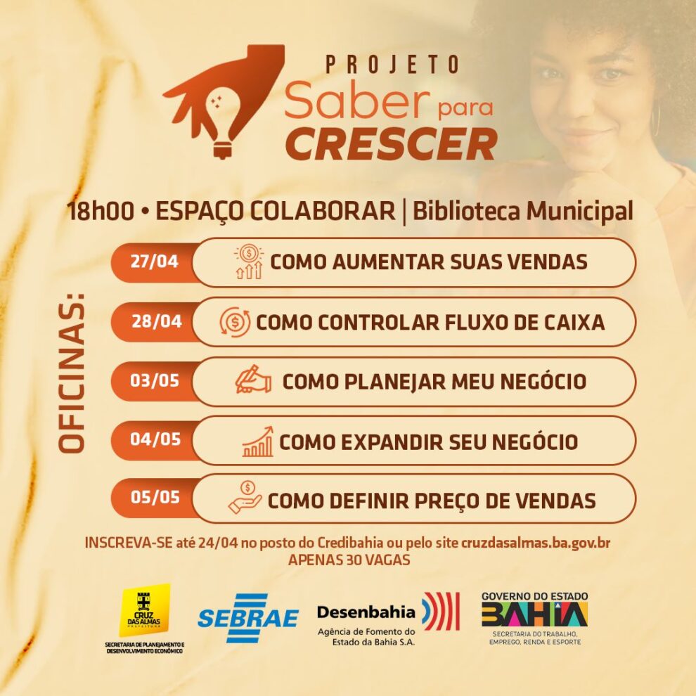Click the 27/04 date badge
pyautogui.click(x=154, y=262)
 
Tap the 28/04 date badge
pyautogui.click(x=156, y=321)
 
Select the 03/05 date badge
pyautogui.click(x=154, y=381)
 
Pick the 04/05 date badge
pyautogui.click(x=155, y=439)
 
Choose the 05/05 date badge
pyautogui.click(x=155, y=497)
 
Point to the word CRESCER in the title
pyautogui.click(x=391, y=144)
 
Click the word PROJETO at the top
pyautogui.click(x=392, y=65)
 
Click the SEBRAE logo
pyautogui.click(x=248, y=618)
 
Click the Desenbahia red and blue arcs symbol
pyautogui.click(x=441, y=611)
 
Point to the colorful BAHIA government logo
pyautogui.click(x=534, y=614)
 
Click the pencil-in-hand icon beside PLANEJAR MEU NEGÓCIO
pyautogui.click(x=253, y=380)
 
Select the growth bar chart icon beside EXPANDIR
pyautogui.click(x=258, y=442)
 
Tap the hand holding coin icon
pyautogui.click(x=245, y=498)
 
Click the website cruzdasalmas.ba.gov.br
pyautogui.click(x=536, y=543)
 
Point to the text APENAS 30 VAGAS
pyautogui.click(x=349, y=560)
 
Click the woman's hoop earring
pyautogui.click(x=656, y=119)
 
